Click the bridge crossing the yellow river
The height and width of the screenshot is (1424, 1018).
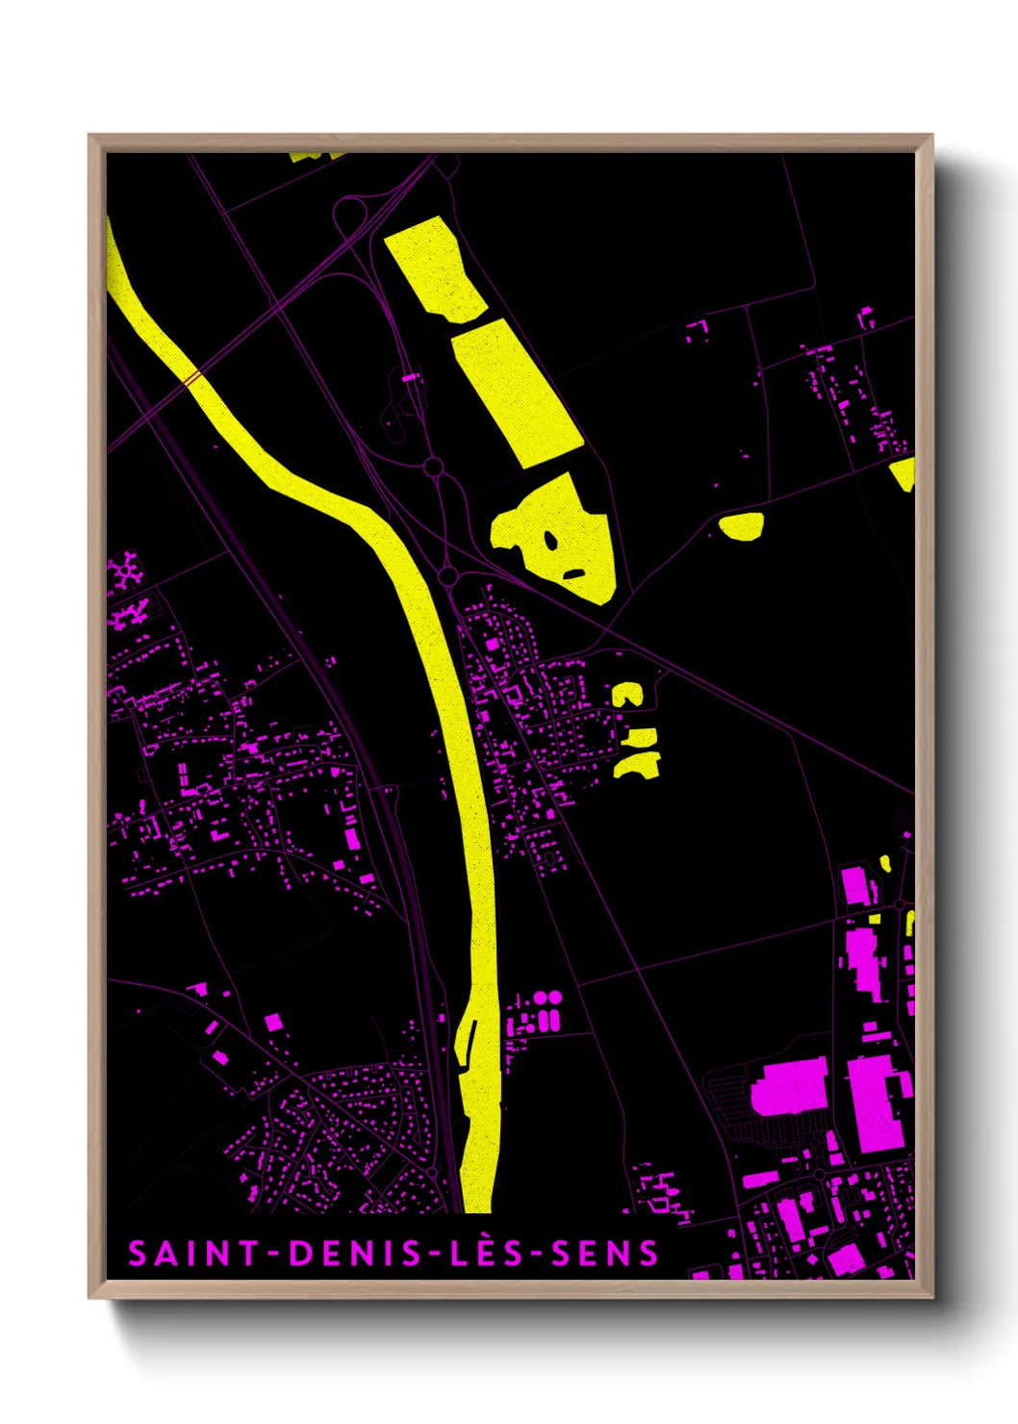192,378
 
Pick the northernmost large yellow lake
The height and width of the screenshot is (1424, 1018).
436,268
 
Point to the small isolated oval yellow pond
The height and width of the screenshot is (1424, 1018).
742,525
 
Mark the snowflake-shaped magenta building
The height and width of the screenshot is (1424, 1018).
125,572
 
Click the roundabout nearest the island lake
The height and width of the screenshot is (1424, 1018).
447,575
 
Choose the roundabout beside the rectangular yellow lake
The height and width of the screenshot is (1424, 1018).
433,468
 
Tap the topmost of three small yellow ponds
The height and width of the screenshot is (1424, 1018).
626,695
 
